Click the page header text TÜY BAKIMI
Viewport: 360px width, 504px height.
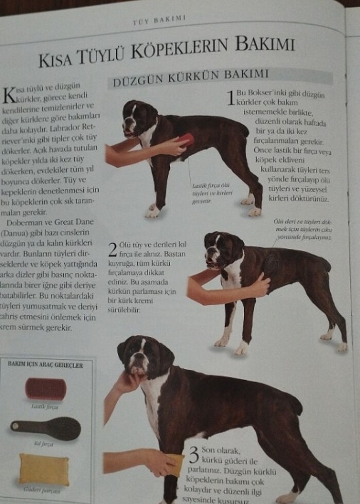point(159,19)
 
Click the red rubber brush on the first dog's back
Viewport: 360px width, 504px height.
point(186,140)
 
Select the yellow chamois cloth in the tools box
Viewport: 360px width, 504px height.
point(44,469)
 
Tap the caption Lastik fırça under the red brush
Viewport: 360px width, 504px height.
point(45,406)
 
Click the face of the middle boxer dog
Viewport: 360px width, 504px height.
point(219,249)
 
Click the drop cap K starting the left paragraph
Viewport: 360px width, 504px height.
point(9,94)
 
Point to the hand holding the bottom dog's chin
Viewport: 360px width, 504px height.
point(126,382)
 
